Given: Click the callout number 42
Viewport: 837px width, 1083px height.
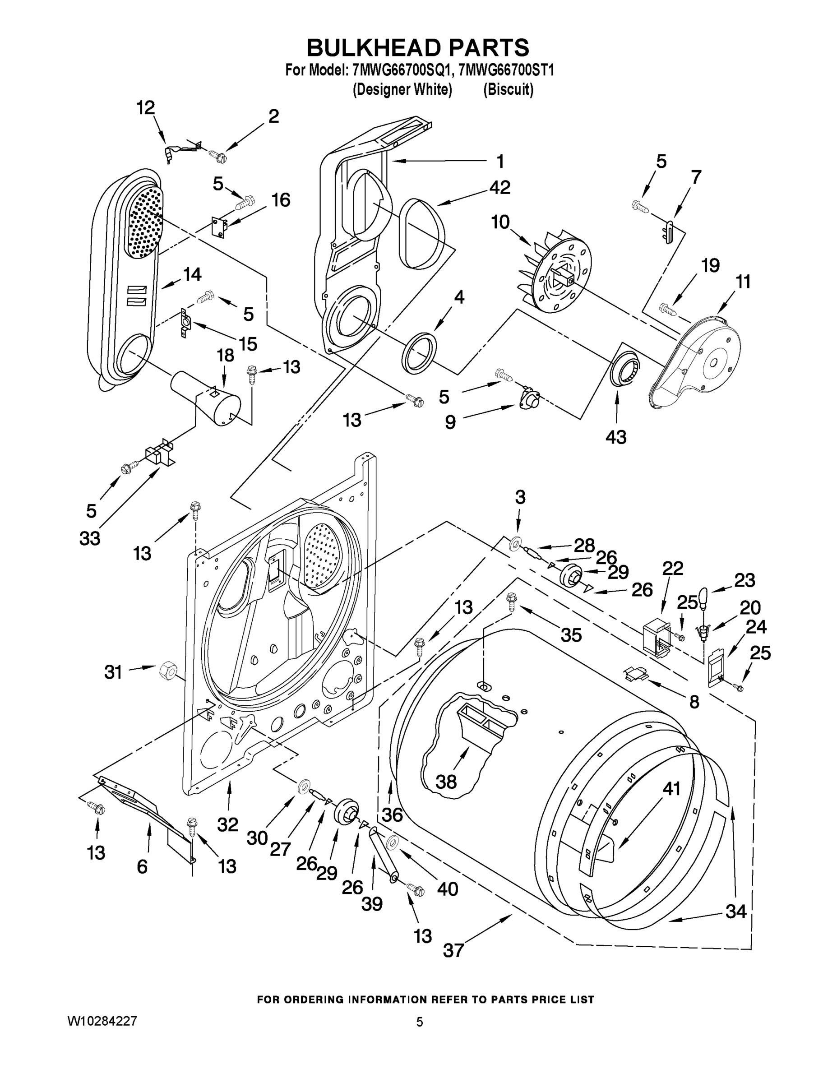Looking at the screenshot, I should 499,188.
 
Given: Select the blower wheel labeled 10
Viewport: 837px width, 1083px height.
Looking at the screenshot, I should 555,273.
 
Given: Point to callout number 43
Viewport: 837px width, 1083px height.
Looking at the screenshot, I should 616,437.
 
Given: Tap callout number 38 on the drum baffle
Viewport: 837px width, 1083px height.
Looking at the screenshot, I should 446,782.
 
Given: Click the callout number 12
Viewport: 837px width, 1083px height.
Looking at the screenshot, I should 145,107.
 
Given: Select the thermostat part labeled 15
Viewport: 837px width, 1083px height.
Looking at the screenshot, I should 185,323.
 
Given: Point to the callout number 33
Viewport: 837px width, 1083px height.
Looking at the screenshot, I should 90,538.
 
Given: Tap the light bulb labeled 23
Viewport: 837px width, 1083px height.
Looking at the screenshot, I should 703,597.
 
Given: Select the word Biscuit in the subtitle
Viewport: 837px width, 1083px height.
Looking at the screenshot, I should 509,90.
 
